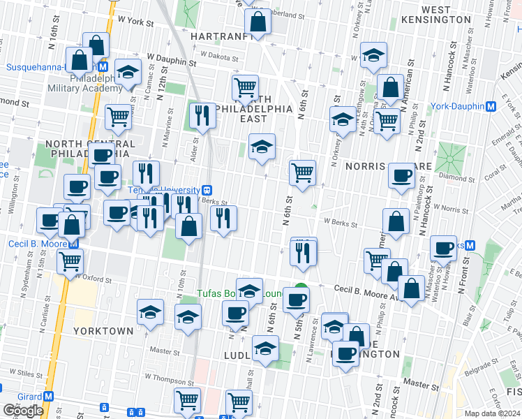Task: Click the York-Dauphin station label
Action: (457, 106)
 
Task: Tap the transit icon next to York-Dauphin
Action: (491, 106)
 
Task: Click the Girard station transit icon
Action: (48, 396)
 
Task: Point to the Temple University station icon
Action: (207, 190)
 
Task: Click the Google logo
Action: (23, 411)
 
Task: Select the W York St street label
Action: (135, 22)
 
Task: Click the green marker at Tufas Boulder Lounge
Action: (301, 288)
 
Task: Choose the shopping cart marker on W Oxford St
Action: (70, 261)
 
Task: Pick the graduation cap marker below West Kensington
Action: (374, 56)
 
